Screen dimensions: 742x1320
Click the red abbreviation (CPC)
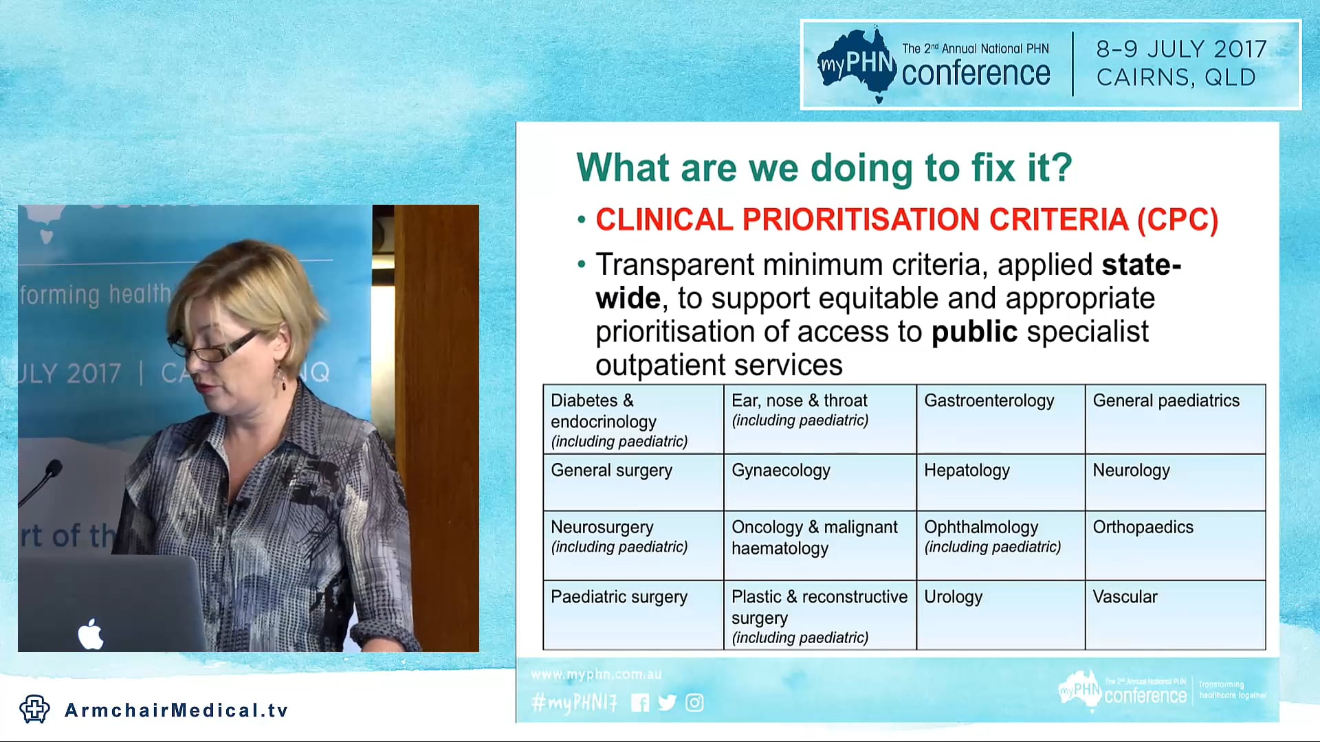(1177, 220)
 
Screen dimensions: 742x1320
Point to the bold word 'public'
(973, 332)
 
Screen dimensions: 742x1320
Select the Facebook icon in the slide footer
(639, 703)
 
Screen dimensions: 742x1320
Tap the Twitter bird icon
(667, 703)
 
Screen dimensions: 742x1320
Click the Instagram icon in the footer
(694, 703)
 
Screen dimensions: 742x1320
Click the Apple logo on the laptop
(91, 633)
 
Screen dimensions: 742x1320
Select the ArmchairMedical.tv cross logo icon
(34, 709)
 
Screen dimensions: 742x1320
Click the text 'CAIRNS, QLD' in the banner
(1176, 78)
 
